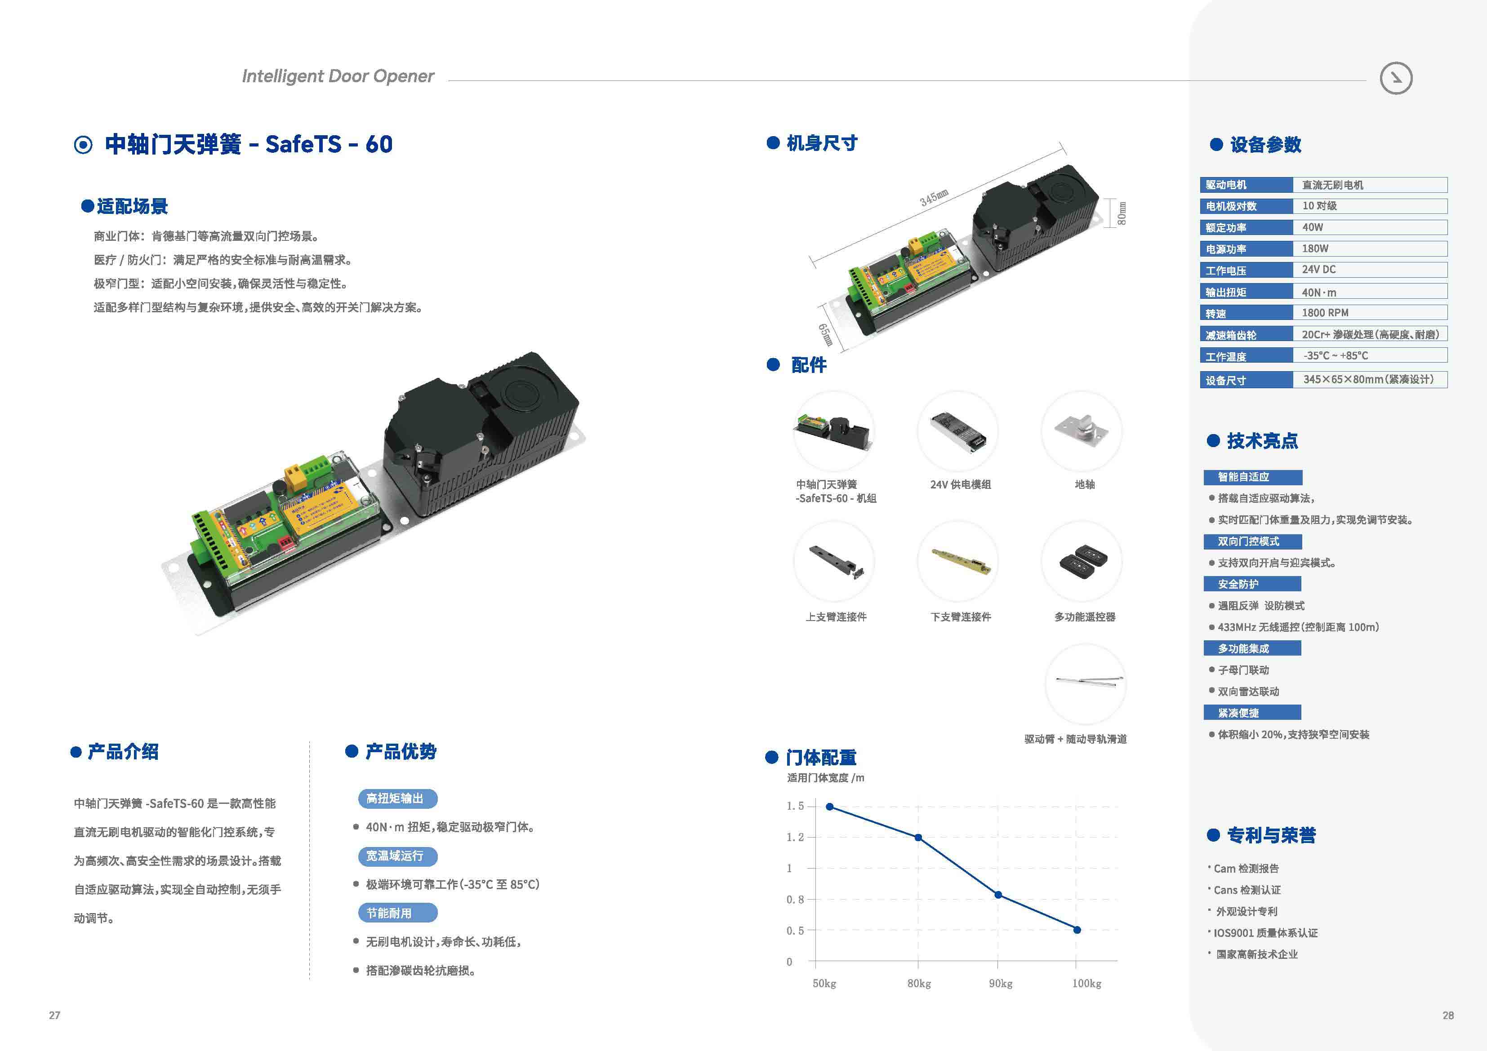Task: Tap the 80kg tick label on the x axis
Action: [919, 984]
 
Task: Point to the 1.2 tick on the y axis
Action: [795, 837]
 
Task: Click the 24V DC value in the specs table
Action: [1318, 270]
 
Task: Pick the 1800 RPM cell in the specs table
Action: [1325, 313]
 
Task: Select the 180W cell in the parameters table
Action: [1315, 248]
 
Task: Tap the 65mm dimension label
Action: [826, 335]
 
